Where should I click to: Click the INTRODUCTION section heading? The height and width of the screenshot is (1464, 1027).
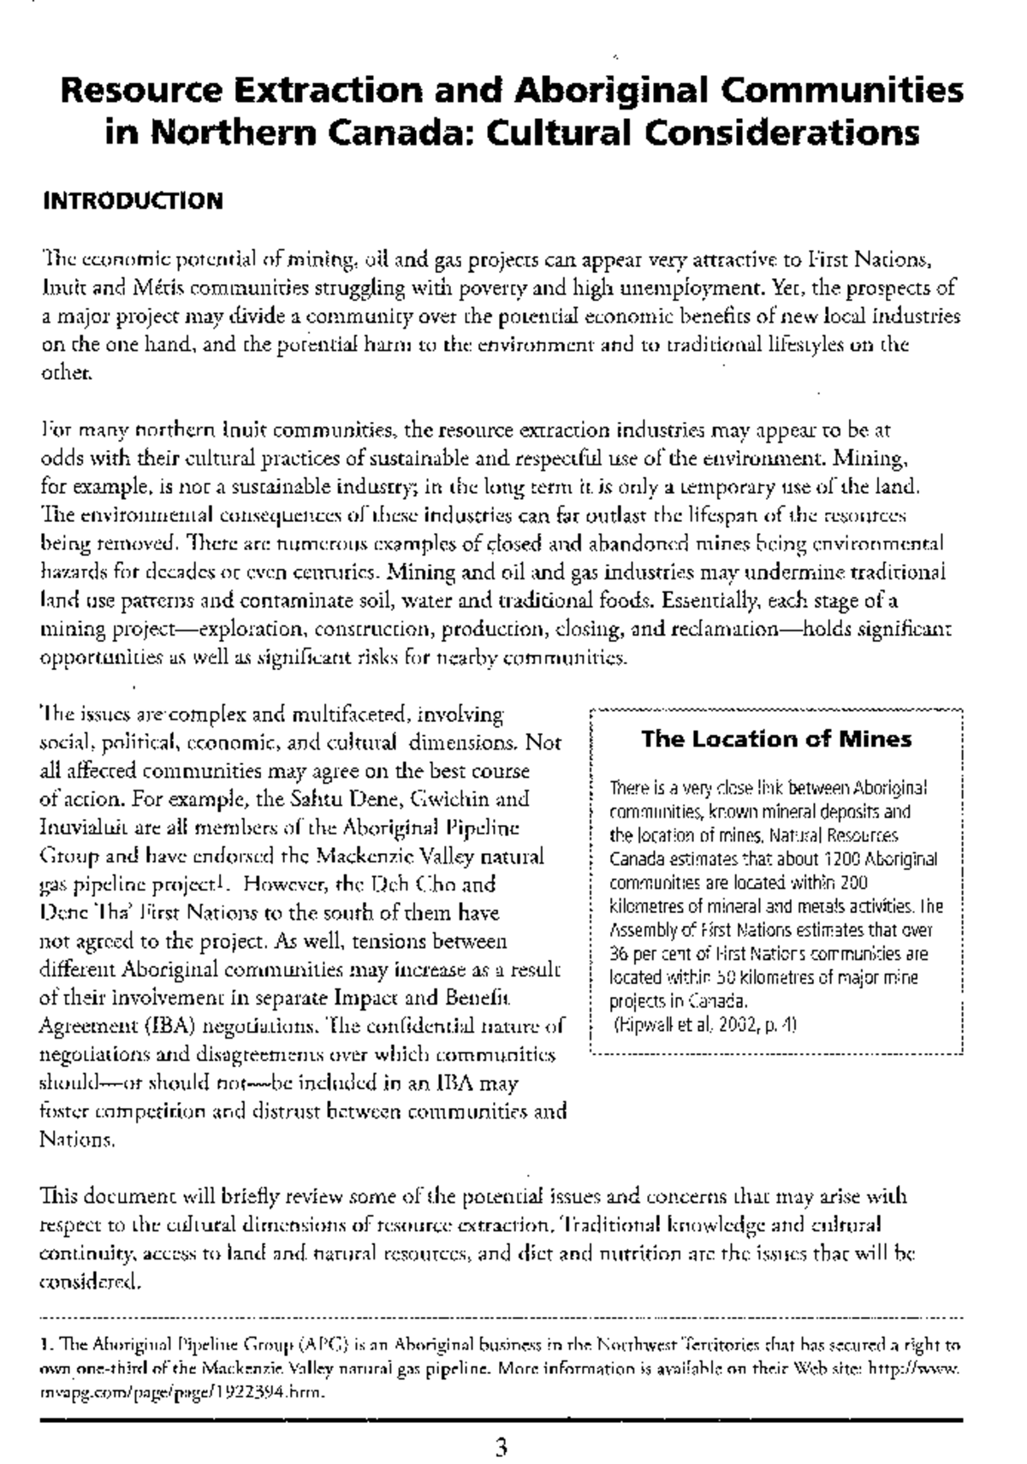click(x=133, y=201)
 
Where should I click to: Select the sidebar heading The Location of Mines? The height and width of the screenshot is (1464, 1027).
click(x=776, y=738)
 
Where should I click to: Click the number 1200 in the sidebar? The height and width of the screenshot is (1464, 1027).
click(x=840, y=858)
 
